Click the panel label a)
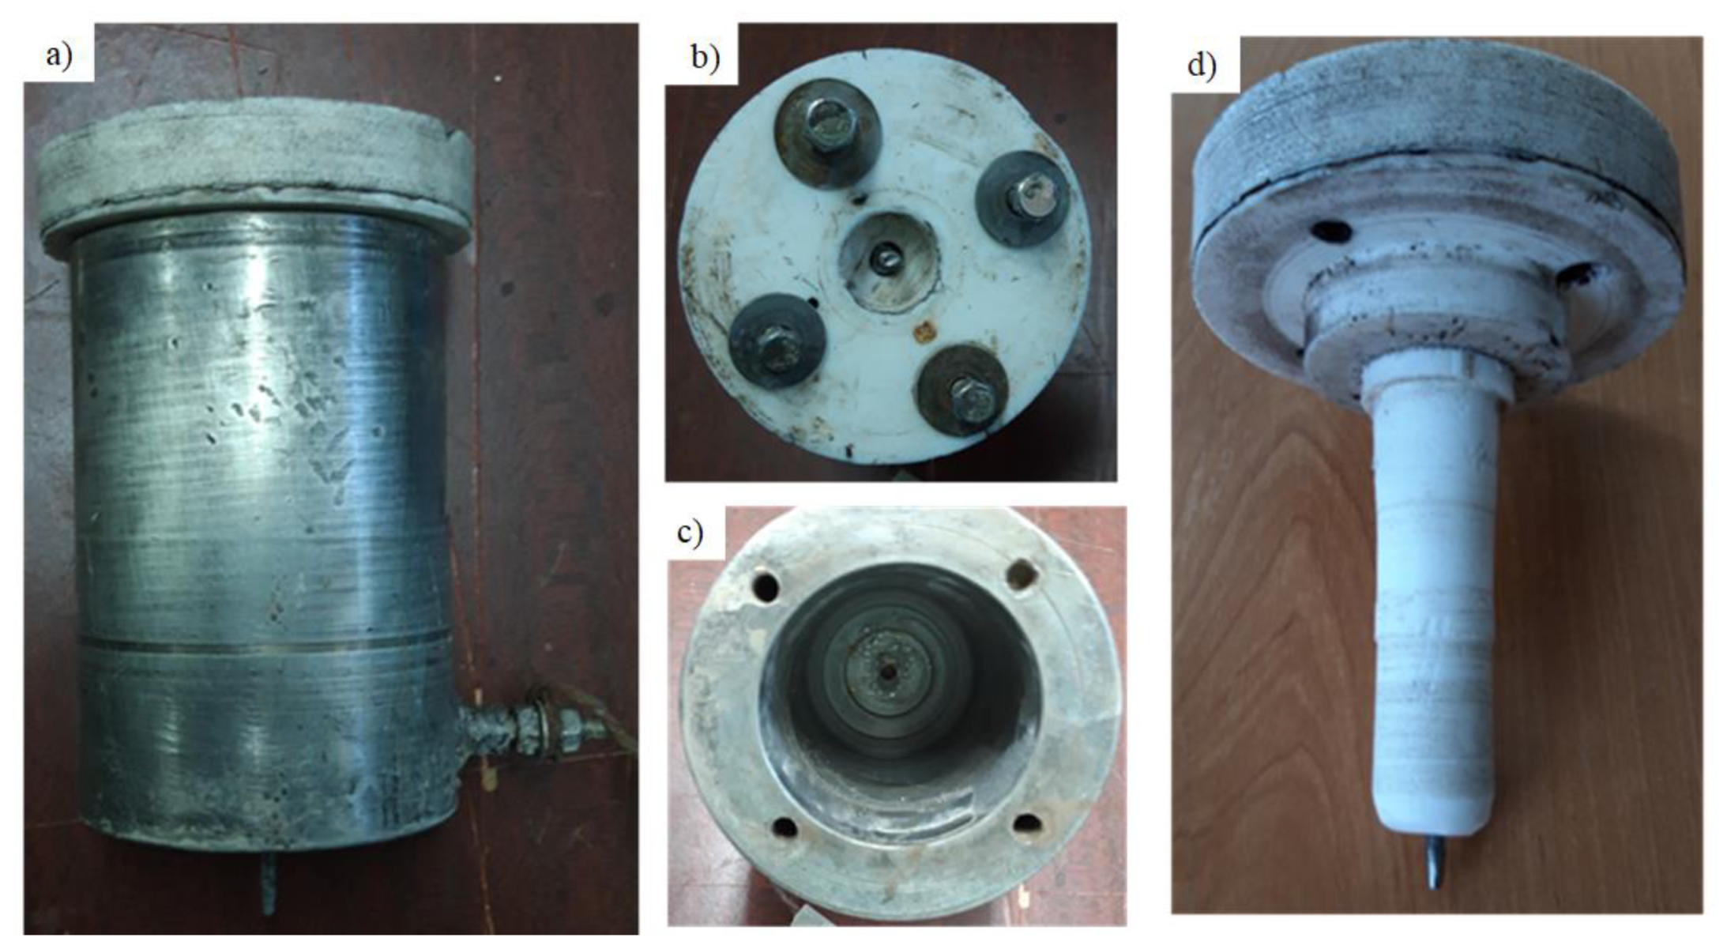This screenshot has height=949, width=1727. click(x=58, y=57)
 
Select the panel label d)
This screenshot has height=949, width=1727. click(x=1202, y=66)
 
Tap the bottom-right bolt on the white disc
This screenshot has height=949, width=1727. click(x=962, y=391)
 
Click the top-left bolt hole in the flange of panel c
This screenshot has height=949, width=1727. click(x=766, y=586)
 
